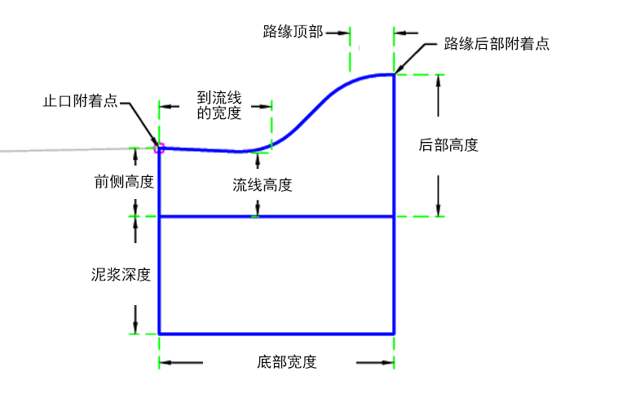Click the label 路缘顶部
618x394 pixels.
pyautogui.click(x=293, y=32)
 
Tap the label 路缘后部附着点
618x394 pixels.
pyautogui.click(x=497, y=43)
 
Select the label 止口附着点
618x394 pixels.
pyautogui.click(x=81, y=101)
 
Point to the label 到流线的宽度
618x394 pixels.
pyautogui.click(x=219, y=105)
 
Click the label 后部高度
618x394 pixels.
pyautogui.click(x=448, y=145)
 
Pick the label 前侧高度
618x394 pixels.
pyautogui.click(x=124, y=182)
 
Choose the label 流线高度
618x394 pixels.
pyautogui.click(x=262, y=185)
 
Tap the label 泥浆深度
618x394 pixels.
pyautogui.click(x=121, y=275)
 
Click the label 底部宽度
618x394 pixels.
pyautogui.click(x=286, y=362)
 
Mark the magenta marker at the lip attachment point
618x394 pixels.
pyautogui.click(x=159, y=148)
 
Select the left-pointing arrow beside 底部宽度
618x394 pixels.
pyautogui.click(x=181, y=362)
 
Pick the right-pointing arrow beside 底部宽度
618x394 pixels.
pyautogui.click(x=375, y=362)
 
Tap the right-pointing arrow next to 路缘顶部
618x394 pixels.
pyautogui.click(x=338, y=33)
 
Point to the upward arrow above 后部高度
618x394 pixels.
pyautogui.click(x=438, y=95)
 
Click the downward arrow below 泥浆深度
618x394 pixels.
pyautogui.click(x=135, y=320)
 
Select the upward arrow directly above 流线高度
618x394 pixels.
pyautogui.click(x=258, y=161)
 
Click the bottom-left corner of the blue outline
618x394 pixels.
pyautogui.click(x=159, y=334)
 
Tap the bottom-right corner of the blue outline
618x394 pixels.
pyautogui.click(x=394, y=334)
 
